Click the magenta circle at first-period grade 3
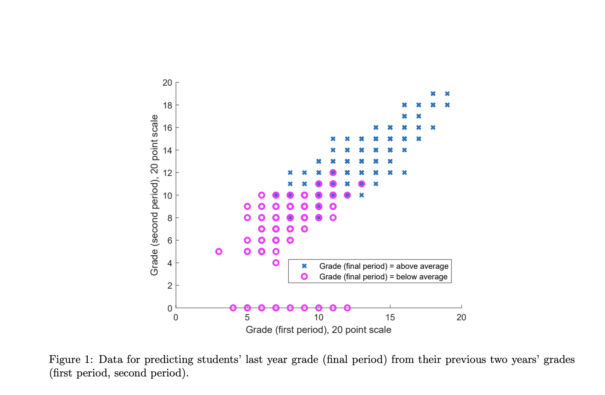219,252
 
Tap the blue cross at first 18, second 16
433,127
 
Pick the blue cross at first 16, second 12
404,173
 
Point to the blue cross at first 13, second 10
362,195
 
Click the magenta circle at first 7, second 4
276,263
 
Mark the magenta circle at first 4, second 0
233,308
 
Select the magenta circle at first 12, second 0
347,308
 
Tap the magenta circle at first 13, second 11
362,184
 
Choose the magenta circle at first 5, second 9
247,206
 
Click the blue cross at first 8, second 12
290,173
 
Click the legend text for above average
384,266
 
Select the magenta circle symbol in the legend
304,276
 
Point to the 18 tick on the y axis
167,105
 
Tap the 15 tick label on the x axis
390,317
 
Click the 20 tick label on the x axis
461,317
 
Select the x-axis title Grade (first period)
319,330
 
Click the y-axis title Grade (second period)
154,195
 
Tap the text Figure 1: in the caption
70,360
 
